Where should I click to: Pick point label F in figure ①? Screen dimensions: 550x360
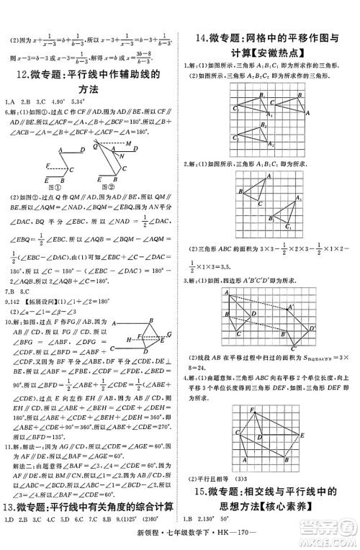point(48,165)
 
